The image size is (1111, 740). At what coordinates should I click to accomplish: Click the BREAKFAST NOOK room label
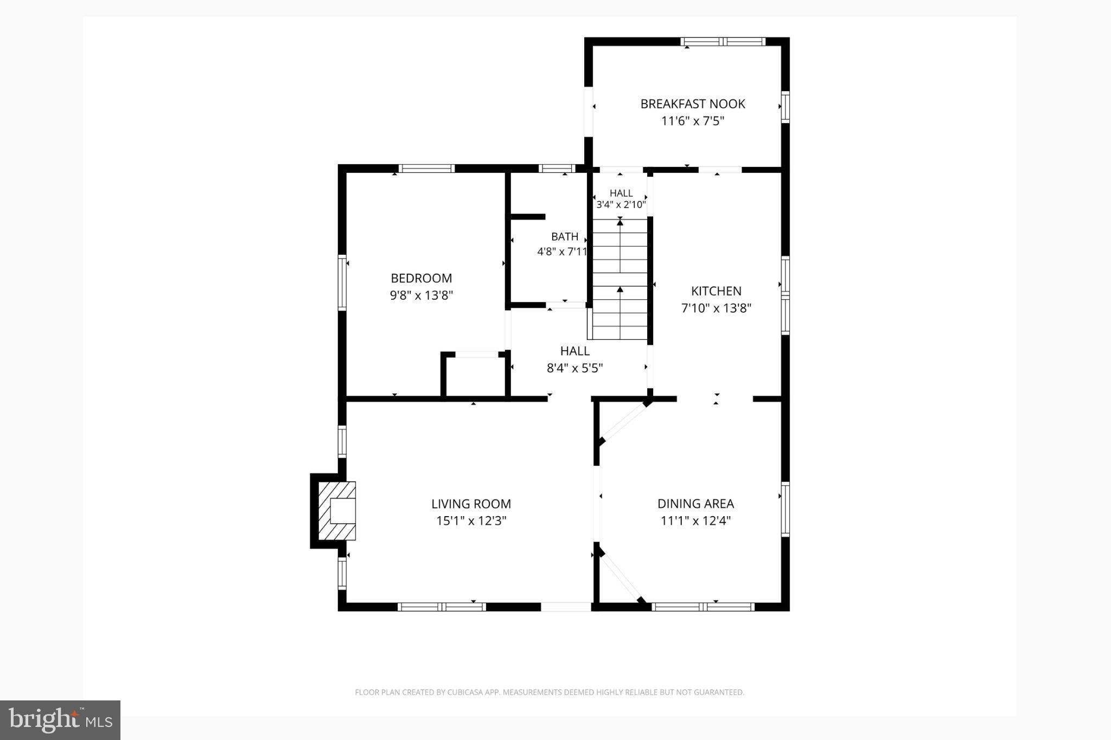(693, 104)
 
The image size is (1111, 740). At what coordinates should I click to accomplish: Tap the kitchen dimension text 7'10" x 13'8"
(716, 308)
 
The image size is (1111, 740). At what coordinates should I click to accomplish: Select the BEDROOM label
(422, 278)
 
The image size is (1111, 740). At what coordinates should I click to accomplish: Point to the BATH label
(565, 236)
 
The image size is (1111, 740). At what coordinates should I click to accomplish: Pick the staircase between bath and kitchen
(620, 279)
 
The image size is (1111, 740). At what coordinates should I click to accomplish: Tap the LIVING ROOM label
(471, 504)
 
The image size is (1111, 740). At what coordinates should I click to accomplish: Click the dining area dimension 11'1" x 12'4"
(695, 521)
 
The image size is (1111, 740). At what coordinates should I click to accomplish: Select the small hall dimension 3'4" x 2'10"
(621, 204)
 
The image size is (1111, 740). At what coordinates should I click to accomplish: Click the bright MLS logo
(60, 720)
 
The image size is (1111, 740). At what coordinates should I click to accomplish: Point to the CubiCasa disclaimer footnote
(550, 692)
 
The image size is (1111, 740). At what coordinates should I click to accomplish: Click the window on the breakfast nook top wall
(723, 41)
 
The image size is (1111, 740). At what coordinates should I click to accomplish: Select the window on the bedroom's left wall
(342, 282)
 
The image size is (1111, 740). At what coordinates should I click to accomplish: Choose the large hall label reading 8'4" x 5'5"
(575, 368)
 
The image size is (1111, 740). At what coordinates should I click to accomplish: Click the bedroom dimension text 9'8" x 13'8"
(422, 295)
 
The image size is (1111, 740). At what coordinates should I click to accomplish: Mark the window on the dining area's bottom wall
(703, 607)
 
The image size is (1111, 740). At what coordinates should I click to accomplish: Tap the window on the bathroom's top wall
(557, 168)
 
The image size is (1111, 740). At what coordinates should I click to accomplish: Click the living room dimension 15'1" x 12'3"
(471, 521)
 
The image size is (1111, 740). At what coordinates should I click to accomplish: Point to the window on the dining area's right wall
(785, 509)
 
